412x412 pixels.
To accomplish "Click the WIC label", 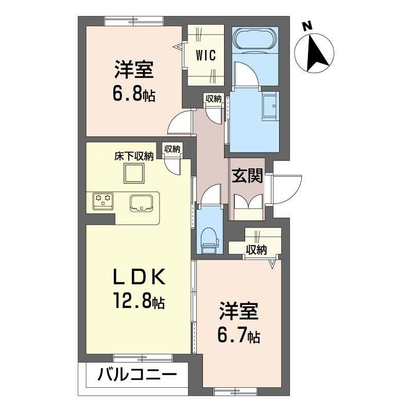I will pyautogui.click(x=207, y=55).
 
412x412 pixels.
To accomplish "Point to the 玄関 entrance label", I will pyautogui.click(x=247, y=176).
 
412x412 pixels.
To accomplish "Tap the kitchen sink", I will pyautogui.click(x=142, y=202).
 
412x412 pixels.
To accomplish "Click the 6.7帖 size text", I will pyautogui.click(x=237, y=336).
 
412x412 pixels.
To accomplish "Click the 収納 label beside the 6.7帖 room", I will pyautogui.click(x=256, y=250).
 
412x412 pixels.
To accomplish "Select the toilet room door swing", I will pyautogui.click(x=211, y=196).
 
